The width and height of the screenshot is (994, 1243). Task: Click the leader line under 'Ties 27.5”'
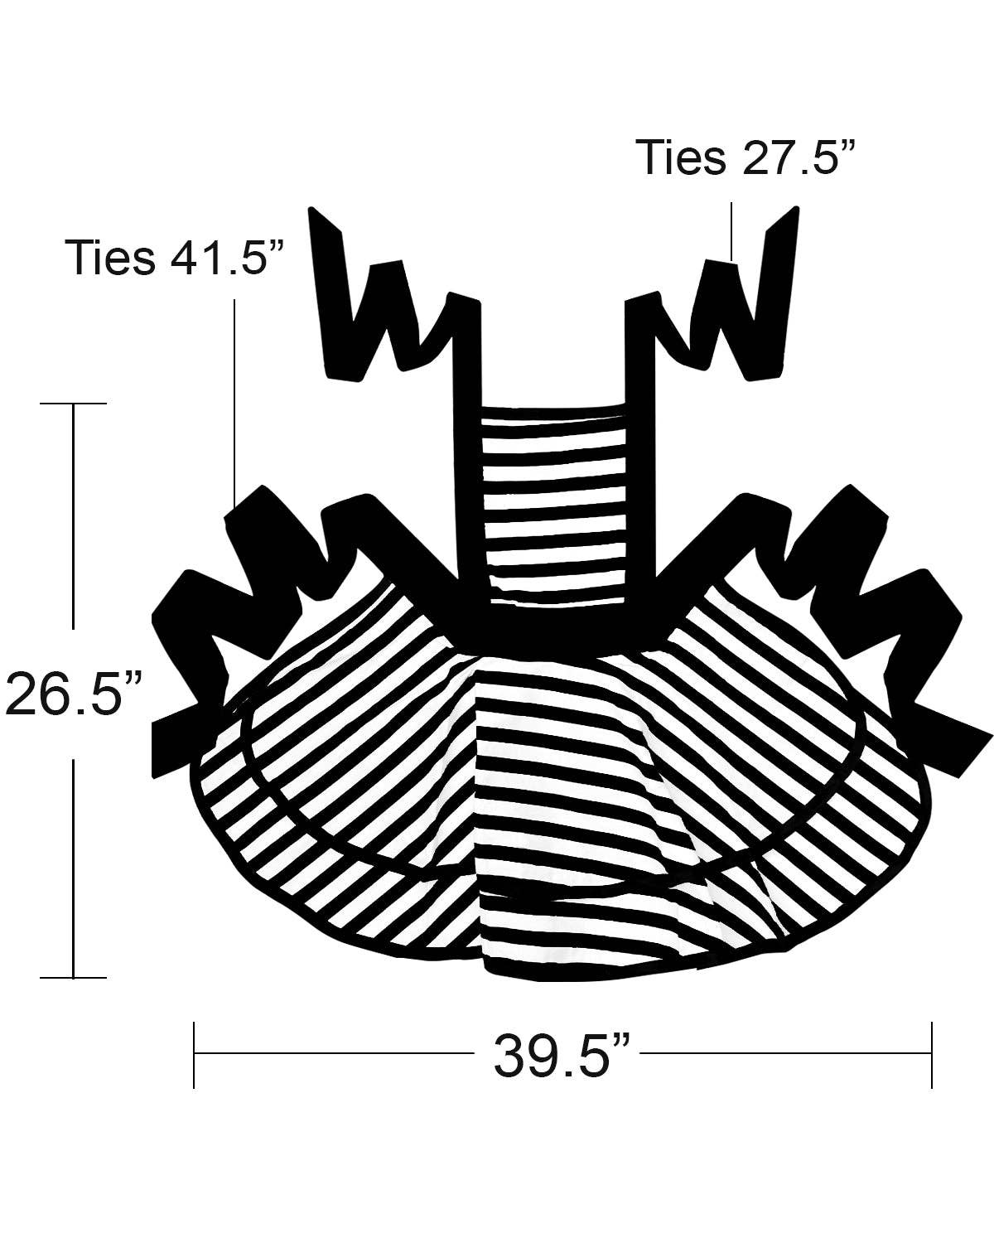coord(731,232)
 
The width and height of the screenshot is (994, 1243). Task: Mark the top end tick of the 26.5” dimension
coord(73,404)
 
